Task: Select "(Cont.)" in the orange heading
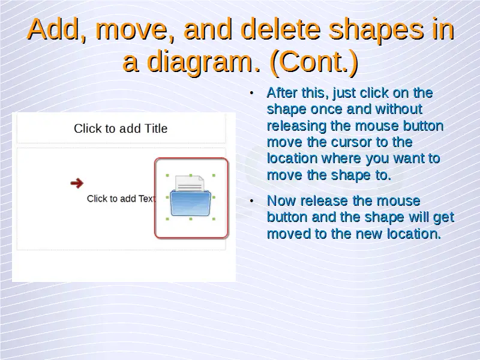(x=314, y=61)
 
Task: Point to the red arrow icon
(x=77, y=183)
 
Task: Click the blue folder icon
(x=190, y=203)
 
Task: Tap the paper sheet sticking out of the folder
(x=190, y=184)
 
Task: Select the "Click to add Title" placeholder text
(x=121, y=128)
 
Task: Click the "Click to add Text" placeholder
(x=121, y=199)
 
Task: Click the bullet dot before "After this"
(x=251, y=93)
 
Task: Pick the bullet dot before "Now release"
(x=251, y=201)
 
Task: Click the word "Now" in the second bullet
(x=281, y=201)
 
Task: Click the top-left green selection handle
(x=167, y=176)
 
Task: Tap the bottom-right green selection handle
(x=214, y=219)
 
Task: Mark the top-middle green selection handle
(x=191, y=175)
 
